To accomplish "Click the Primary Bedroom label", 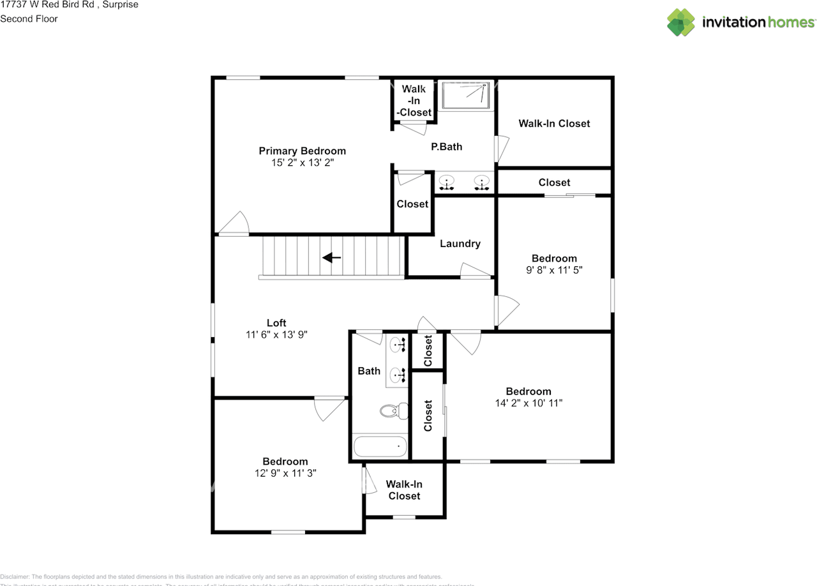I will coord(302,151).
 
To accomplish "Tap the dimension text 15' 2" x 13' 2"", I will coord(302,163).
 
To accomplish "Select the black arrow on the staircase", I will coord(331,258).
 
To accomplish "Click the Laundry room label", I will coord(460,243).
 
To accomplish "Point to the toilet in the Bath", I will coord(394,410).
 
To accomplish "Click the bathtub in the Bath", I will coord(380,446).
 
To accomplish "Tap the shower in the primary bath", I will coord(467,95).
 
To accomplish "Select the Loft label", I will coord(276,322).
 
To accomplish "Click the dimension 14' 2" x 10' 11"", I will coord(528,403).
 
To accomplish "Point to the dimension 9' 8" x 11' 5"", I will coord(554,270).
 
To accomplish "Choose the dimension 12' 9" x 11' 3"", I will coord(285,473).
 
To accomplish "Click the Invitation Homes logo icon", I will coord(680,22).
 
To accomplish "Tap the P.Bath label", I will coord(446,146).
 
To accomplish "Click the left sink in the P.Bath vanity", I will coord(447,182).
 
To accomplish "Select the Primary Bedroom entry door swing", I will coord(234,223).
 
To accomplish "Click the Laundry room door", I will coord(475,271).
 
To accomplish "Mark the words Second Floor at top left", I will coord(29,19).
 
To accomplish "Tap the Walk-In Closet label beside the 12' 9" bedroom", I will coord(404,490).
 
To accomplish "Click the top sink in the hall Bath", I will coord(398,345).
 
